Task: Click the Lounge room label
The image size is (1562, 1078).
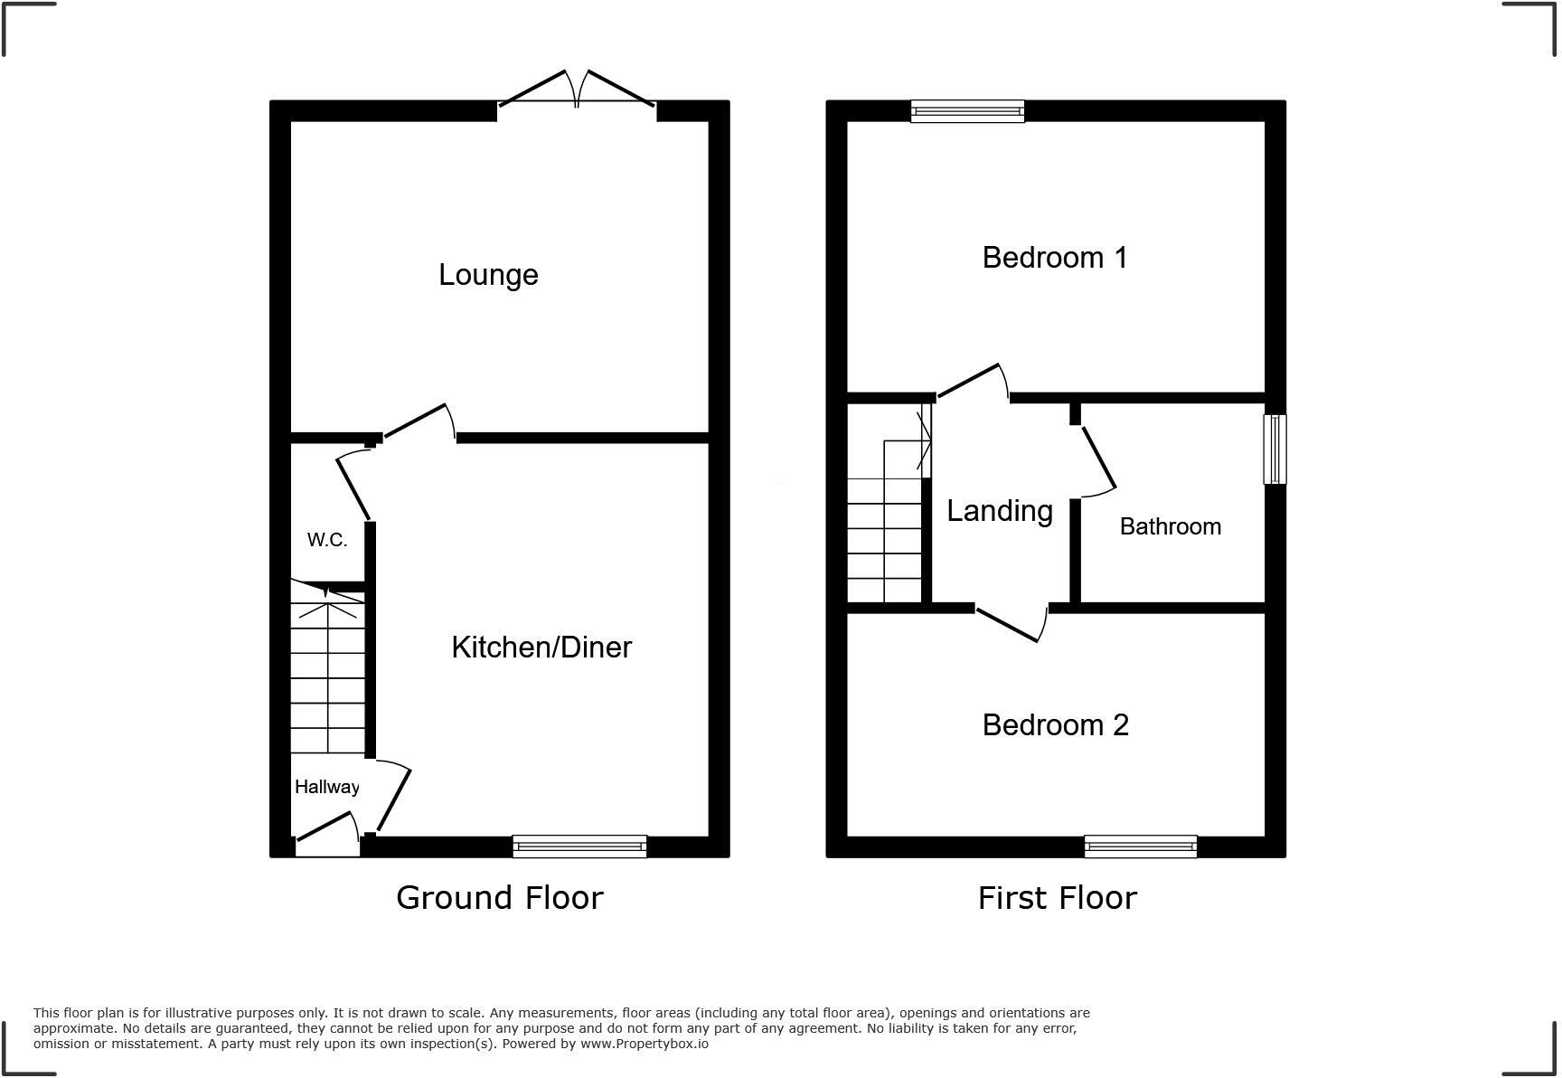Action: [488, 275]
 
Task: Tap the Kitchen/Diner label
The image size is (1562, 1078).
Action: [541, 648]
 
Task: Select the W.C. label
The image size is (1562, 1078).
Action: [326, 540]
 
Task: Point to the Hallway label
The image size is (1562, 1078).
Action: [326, 787]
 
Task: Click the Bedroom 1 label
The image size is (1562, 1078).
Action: [1054, 258]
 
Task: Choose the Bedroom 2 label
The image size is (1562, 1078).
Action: [1055, 725]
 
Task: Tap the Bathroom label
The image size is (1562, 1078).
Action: [1170, 526]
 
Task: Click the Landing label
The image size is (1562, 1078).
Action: [999, 511]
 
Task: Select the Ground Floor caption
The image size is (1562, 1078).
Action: [499, 898]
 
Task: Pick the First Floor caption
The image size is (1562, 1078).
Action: [1057, 898]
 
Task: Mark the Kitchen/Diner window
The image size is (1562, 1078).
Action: [579, 846]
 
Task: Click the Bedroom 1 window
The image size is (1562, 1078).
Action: [967, 111]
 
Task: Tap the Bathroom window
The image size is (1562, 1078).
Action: [1275, 449]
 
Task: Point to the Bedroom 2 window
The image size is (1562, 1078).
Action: [1141, 846]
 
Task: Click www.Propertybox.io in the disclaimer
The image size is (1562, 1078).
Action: [644, 1044]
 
